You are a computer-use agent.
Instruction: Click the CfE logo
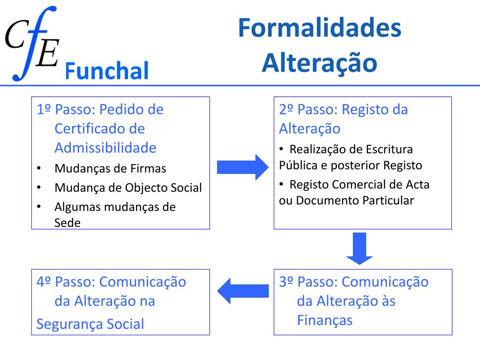point(32,43)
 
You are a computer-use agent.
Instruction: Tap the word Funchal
point(106,71)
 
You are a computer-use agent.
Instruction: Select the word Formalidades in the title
point(319,29)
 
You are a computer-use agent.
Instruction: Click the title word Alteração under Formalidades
point(319,63)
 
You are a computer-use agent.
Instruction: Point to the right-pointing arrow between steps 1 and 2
point(242,167)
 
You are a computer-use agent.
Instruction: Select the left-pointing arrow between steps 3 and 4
point(243,291)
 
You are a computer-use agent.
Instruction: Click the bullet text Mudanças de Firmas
point(110,168)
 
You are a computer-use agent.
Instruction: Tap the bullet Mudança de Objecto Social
point(128,188)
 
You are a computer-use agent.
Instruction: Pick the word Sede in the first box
point(67,223)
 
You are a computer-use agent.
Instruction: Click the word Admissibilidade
point(105,148)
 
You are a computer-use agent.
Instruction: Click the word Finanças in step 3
point(324,320)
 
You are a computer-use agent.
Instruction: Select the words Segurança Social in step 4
point(90,324)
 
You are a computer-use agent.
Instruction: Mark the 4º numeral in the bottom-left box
point(44,282)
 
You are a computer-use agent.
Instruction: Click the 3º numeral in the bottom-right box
point(286,282)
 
